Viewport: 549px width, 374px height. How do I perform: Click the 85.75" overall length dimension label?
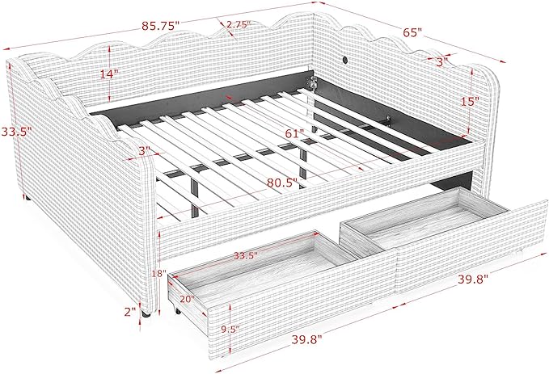click(160, 26)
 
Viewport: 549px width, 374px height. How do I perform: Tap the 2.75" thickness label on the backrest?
click(239, 24)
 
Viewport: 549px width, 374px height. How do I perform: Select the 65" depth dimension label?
click(412, 32)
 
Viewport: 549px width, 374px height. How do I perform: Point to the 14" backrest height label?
click(109, 74)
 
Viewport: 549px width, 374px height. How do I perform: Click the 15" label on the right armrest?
click(470, 102)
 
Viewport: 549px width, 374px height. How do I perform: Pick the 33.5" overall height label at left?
click(16, 132)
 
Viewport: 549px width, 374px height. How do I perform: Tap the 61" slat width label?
click(294, 133)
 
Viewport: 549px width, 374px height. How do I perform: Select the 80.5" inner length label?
click(282, 183)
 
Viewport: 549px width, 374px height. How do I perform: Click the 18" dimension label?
click(159, 273)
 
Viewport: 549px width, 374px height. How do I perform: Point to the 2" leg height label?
click(130, 311)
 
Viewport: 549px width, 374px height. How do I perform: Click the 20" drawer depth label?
click(188, 299)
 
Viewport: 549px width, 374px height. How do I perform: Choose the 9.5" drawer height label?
click(230, 329)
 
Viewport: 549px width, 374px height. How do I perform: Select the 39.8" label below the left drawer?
click(306, 339)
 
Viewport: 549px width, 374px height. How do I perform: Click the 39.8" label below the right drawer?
click(473, 279)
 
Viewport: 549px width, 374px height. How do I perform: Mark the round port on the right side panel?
click(345, 60)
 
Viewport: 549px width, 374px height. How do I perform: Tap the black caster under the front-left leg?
click(146, 314)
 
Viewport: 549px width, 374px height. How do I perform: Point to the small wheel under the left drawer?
click(177, 310)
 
